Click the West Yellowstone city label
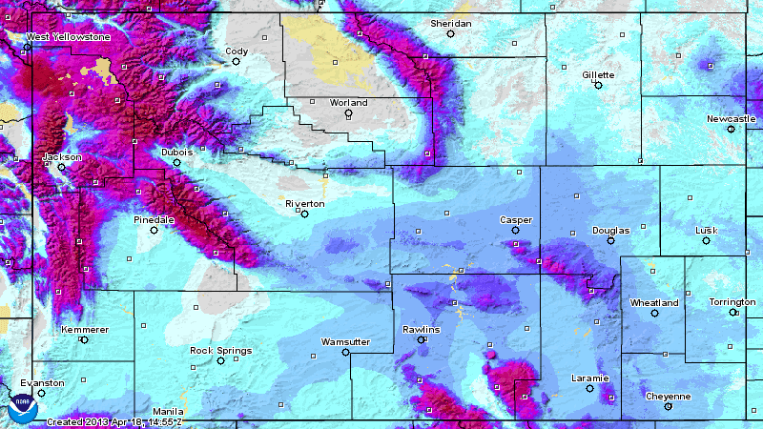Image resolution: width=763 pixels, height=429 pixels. click(x=68, y=37)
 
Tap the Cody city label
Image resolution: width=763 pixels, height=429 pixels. click(x=237, y=51)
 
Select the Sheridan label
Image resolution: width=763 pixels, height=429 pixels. click(x=450, y=23)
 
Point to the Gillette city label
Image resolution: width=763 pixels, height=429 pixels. click(x=598, y=74)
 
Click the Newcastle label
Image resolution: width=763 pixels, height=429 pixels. click(x=731, y=118)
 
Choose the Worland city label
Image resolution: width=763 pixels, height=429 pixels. click(x=348, y=102)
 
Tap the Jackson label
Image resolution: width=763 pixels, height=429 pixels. click(x=62, y=157)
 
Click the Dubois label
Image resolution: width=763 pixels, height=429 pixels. click(x=176, y=152)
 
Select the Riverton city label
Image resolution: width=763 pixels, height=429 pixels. click(x=305, y=204)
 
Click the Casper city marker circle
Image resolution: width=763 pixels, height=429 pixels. click(x=515, y=230)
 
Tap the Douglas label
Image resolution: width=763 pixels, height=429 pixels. click(x=610, y=230)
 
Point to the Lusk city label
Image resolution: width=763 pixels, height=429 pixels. click(x=706, y=230)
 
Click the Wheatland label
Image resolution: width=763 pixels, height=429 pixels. click(x=654, y=302)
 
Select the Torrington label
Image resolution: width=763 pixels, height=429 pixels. click(x=732, y=302)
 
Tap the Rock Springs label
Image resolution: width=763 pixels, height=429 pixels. click(x=220, y=350)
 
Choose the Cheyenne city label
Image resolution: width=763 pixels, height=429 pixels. click(x=668, y=396)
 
